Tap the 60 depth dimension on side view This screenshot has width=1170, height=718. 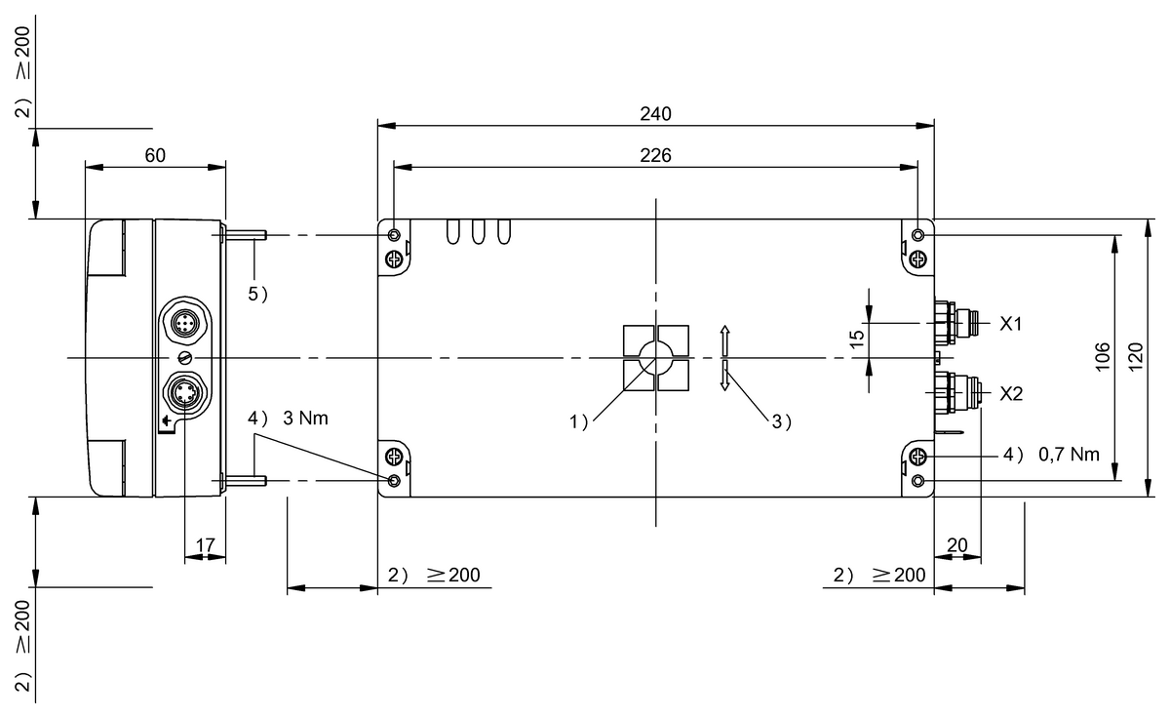pyautogui.click(x=155, y=155)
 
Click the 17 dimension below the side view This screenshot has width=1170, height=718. pyautogui.click(x=205, y=543)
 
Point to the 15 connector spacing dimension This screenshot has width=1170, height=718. pyautogui.click(x=857, y=337)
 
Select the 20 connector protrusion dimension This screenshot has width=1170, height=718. pyautogui.click(x=956, y=543)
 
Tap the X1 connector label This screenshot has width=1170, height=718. pyautogui.click(x=1011, y=323)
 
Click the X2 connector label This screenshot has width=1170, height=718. pyautogui.click(x=1011, y=394)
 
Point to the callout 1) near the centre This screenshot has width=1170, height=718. pyautogui.click(x=580, y=422)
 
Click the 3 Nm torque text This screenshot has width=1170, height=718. pyautogui.click(x=304, y=418)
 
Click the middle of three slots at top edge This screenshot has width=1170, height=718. pyautogui.click(x=478, y=231)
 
